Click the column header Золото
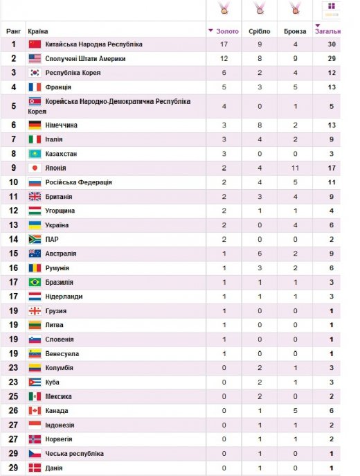coord(226,32)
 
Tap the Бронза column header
coord(295,32)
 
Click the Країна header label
coord(37,32)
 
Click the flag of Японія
coord(35,168)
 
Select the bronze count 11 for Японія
coord(295,168)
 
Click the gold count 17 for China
coord(224,44)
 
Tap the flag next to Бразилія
coord(35,282)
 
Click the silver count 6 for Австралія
coord(259,254)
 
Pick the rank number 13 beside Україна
coord(13,225)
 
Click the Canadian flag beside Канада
coord(35,411)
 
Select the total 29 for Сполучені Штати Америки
coord(332,58)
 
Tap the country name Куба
coord(52,382)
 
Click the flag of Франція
coord(35,87)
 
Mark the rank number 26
coord(13,411)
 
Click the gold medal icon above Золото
coord(224,9)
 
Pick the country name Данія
coord(53,468)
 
